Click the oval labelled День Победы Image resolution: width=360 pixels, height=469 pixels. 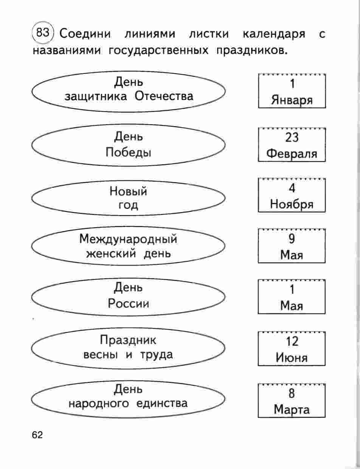point(129,145)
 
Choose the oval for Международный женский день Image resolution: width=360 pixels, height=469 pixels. point(129,246)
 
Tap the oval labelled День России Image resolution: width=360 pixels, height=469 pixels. point(129,296)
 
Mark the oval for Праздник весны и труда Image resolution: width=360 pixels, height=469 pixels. point(129,348)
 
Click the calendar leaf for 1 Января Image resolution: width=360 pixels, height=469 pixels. point(292,92)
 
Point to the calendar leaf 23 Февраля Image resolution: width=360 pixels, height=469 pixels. point(292,145)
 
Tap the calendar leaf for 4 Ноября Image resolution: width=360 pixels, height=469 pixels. point(292,196)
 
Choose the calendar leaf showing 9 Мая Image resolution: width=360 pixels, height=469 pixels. point(292,247)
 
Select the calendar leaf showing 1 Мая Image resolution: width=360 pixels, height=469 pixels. point(292,297)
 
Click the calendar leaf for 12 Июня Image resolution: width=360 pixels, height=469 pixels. point(292,349)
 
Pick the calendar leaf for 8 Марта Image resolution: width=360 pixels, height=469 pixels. point(292,401)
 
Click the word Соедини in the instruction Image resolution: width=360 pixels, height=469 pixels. point(86,34)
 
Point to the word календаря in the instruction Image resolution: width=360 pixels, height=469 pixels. point(274,34)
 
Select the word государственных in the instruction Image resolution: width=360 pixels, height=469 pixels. point(158,50)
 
